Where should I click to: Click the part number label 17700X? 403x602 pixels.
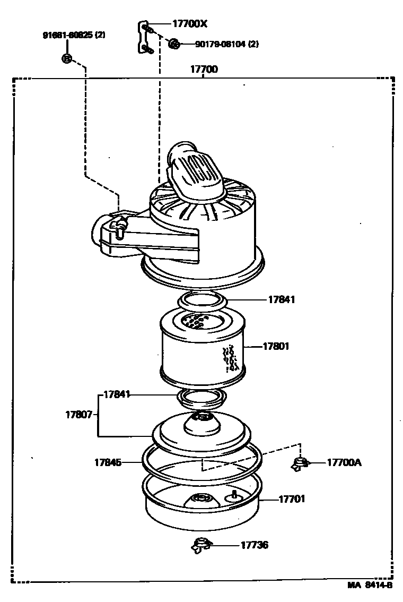(x=189, y=23)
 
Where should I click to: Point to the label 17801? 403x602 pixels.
(x=276, y=347)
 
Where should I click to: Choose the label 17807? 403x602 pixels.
(x=80, y=414)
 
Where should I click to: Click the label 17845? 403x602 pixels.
(x=108, y=462)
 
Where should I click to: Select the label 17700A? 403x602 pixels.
(x=344, y=462)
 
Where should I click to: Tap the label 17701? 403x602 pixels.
(x=292, y=499)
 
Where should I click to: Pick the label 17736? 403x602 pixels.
(x=255, y=545)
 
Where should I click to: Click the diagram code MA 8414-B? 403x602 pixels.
(x=370, y=586)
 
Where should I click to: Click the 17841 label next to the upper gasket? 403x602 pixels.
(x=281, y=299)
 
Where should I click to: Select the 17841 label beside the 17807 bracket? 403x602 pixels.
(x=117, y=394)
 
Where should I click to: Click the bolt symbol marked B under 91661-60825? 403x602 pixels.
(x=67, y=58)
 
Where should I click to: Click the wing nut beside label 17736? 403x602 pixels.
(x=200, y=545)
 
